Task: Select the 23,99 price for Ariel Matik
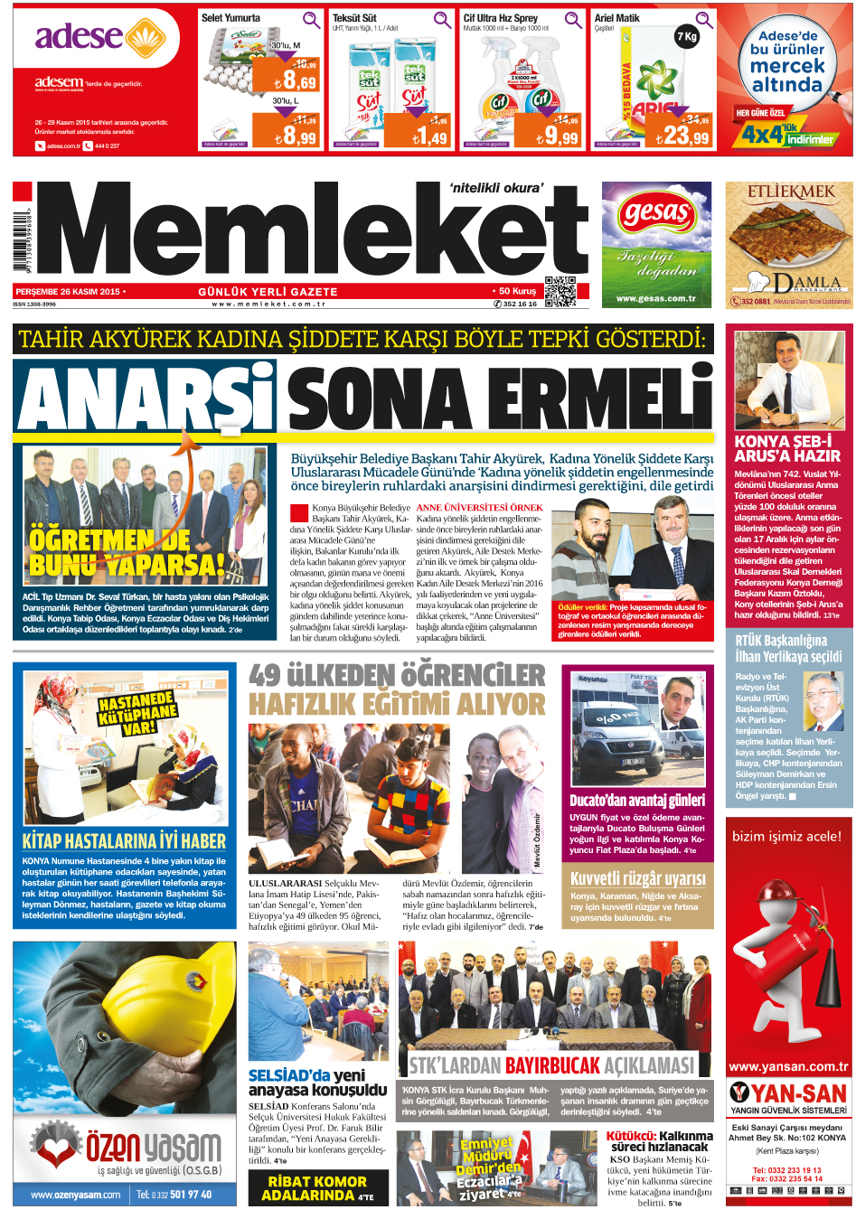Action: pos(682,136)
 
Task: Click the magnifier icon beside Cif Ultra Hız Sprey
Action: pos(573,20)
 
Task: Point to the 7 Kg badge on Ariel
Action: pos(687,37)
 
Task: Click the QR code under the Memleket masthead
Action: pos(560,291)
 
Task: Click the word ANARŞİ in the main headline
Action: pos(146,399)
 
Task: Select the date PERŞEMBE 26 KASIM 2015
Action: pos(69,292)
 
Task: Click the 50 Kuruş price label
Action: pos(517,291)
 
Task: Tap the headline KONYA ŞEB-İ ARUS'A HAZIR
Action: pos(787,449)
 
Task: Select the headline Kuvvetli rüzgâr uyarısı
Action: pos(637,878)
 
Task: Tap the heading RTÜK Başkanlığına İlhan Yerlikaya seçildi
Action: pos(788,649)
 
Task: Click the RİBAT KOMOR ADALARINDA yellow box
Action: pos(317,1188)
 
